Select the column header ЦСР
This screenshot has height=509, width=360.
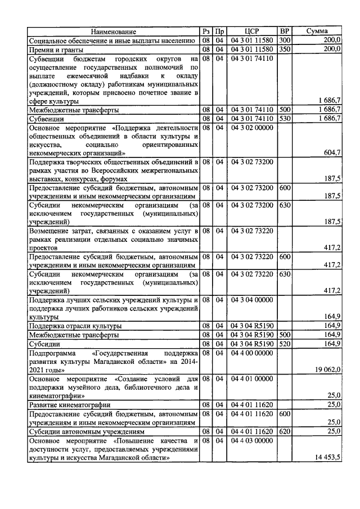point(251,31)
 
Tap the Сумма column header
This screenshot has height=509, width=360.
point(317,31)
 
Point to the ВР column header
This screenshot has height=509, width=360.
point(285,31)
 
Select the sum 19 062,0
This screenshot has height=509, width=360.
point(326,370)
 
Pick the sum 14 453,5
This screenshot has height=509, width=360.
point(326,458)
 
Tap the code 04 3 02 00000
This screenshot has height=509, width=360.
point(251,128)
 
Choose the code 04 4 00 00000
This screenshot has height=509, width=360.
point(251,353)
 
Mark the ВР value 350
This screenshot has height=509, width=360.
point(285,49)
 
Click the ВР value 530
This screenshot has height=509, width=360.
point(285,119)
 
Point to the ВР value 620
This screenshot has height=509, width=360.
point(285,431)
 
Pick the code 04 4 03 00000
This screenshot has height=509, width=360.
point(251,440)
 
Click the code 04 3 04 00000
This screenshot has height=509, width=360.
point(251,300)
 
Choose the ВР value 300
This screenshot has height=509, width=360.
point(285,40)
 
